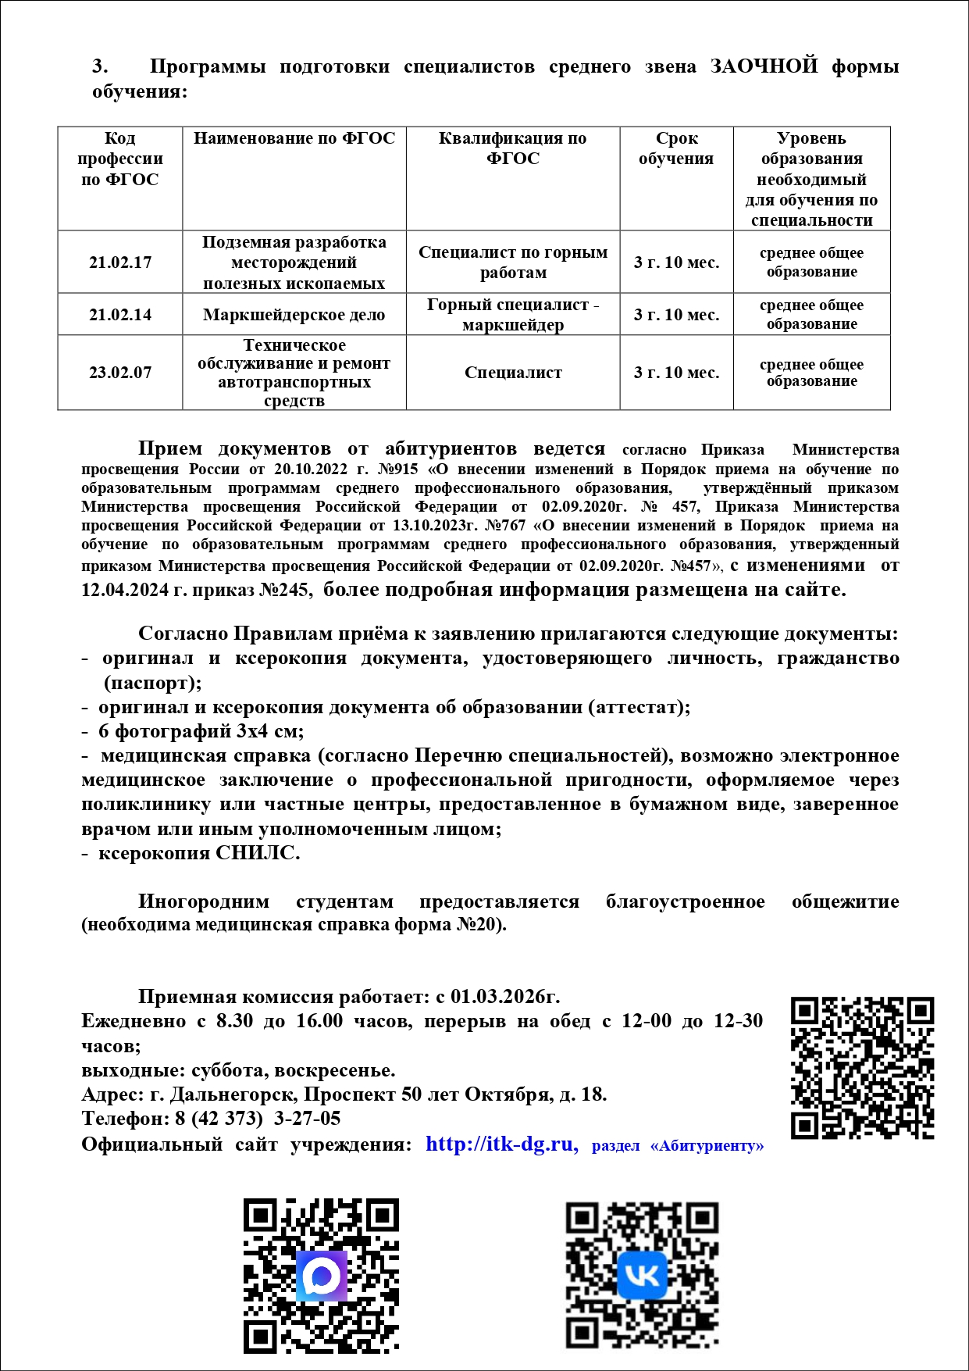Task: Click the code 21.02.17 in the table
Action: coord(120,262)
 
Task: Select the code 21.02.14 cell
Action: coord(120,315)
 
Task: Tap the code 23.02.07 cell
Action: coord(120,373)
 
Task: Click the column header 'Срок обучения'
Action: coord(676,148)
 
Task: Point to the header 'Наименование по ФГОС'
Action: coord(294,139)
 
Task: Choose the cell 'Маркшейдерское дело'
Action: coord(294,315)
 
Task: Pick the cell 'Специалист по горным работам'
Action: coord(513,262)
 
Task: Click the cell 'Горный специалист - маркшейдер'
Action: coord(513,315)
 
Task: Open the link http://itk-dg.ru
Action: coord(500,1144)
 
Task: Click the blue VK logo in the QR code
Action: coord(642,1275)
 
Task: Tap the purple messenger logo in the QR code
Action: coord(321,1275)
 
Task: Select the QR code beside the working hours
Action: coord(862,1067)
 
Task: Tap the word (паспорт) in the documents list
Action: coord(153,683)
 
